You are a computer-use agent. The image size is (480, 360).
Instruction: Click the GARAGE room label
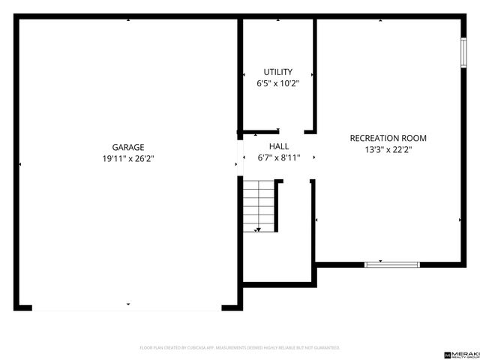click(x=128, y=148)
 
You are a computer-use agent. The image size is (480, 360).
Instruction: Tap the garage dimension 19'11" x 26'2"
click(x=128, y=159)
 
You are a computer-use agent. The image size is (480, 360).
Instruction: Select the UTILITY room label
click(x=277, y=72)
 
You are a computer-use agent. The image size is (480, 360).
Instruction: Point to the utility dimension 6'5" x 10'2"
click(x=277, y=83)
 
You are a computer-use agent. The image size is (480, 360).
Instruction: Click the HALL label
click(x=278, y=147)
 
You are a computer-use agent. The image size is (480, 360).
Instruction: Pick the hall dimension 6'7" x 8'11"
click(x=278, y=158)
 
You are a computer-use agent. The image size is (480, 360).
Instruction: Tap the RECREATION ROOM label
click(x=388, y=138)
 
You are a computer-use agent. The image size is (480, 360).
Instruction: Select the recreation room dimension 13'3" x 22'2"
click(x=388, y=149)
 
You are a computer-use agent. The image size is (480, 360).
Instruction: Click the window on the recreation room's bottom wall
click(x=391, y=264)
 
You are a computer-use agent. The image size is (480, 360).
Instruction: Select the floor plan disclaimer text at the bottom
click(x=240, y=348)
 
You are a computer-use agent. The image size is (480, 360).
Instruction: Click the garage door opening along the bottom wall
click(x=127, y=307)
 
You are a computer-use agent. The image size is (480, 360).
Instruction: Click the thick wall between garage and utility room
click(x=241, y=75)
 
